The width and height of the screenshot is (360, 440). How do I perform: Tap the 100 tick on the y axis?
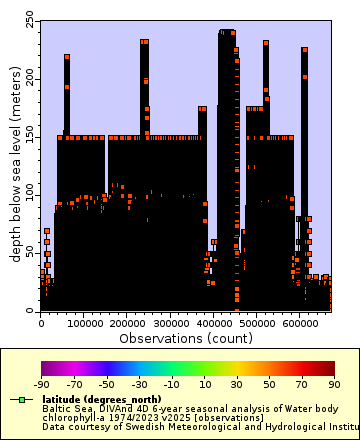(x=28, y=194)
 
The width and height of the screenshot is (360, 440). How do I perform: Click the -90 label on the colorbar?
(x=41, y=383)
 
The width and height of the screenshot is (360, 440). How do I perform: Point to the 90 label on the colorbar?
(x=334, y=383)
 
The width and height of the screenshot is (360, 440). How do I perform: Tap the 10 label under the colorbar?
(x=204, y=383)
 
